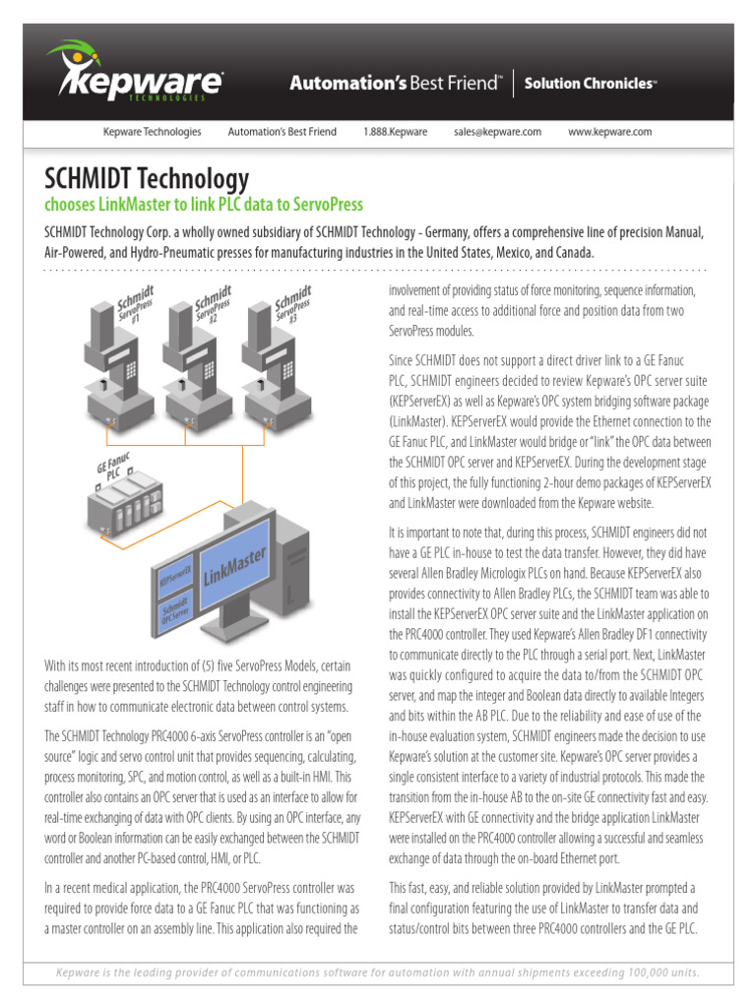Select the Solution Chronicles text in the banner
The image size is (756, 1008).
click(x=590, y=84)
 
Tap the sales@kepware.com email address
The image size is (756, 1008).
click(x=497, y=132)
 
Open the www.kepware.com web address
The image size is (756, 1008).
click(x=610, y=132)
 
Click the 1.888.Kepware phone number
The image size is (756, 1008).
click(x=395, y=132)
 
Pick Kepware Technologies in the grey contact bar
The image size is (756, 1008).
click(x=153, y=132)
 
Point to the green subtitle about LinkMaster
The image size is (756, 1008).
click(x=204, y=205)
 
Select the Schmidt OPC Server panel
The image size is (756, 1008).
click(x=177, y=613)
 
